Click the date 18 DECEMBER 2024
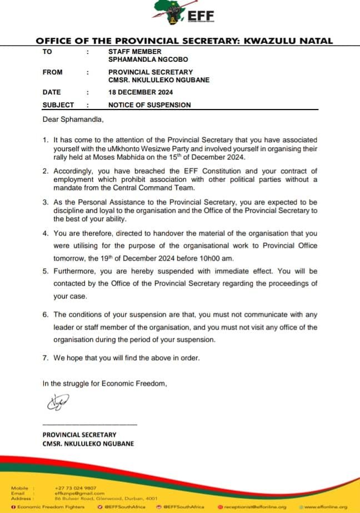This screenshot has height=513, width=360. click(x=141, y=92)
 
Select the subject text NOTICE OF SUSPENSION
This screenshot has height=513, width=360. click(x=149, y=104)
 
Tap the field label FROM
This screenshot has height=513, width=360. click(x=52, y=72)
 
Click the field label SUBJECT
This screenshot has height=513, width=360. click(x=58, y=104)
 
